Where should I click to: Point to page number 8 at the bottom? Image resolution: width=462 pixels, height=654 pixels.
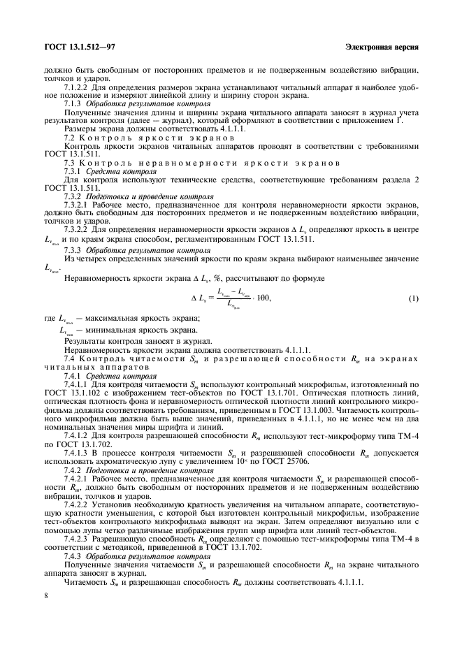click(x=45, y=595)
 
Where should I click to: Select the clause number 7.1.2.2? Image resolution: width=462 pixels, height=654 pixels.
click(x=76, y=87)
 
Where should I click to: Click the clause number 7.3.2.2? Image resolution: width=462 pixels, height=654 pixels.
click(x=76, y=228)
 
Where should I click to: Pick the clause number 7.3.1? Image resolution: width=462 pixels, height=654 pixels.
click(x=73, y=171)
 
